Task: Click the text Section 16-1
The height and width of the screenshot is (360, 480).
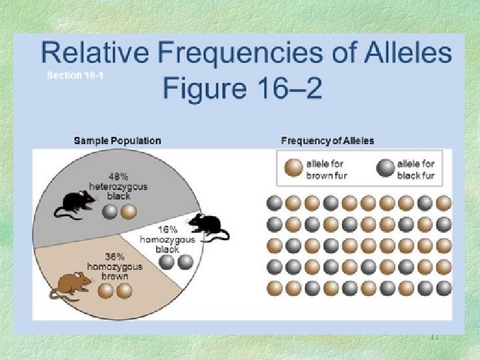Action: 75,75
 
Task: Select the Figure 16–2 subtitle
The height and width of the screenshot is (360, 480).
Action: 242,87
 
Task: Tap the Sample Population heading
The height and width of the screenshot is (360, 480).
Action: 117,141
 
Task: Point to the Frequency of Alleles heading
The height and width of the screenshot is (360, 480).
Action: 327,141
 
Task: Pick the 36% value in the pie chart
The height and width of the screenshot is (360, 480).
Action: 115,256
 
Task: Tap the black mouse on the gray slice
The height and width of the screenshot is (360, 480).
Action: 75,203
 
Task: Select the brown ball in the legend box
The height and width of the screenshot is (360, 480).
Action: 293,169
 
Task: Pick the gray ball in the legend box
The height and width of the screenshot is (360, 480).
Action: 385,169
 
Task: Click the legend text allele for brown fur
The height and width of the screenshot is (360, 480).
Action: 327,169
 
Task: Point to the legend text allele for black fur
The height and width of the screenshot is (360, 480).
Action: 415,169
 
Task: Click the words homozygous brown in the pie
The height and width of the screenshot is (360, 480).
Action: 115,271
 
